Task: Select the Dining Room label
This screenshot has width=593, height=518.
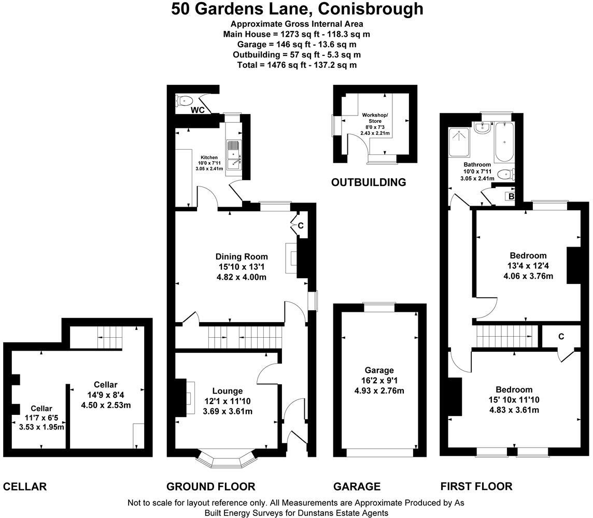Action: (x=242, y=256)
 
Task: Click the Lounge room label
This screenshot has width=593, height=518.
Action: (x=227, y=391)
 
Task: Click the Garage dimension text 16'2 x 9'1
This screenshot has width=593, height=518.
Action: (x=379, y=381)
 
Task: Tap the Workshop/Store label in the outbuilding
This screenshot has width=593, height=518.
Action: (x=375, y=118)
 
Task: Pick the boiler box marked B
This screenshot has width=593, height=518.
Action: (x=511, y=196)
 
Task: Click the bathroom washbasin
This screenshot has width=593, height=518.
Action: (x=483, y=128)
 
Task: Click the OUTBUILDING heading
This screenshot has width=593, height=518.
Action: (x=368, y=182)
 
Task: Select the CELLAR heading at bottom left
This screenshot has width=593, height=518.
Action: (x=25, y=487)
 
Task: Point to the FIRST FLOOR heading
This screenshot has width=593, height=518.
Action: (x=476, y=486)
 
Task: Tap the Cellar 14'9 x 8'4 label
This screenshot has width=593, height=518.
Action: (x=106, y=394)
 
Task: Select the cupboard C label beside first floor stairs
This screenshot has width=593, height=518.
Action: (x=561, y=337)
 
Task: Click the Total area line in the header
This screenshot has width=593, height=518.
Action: (x=296, y=65)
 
